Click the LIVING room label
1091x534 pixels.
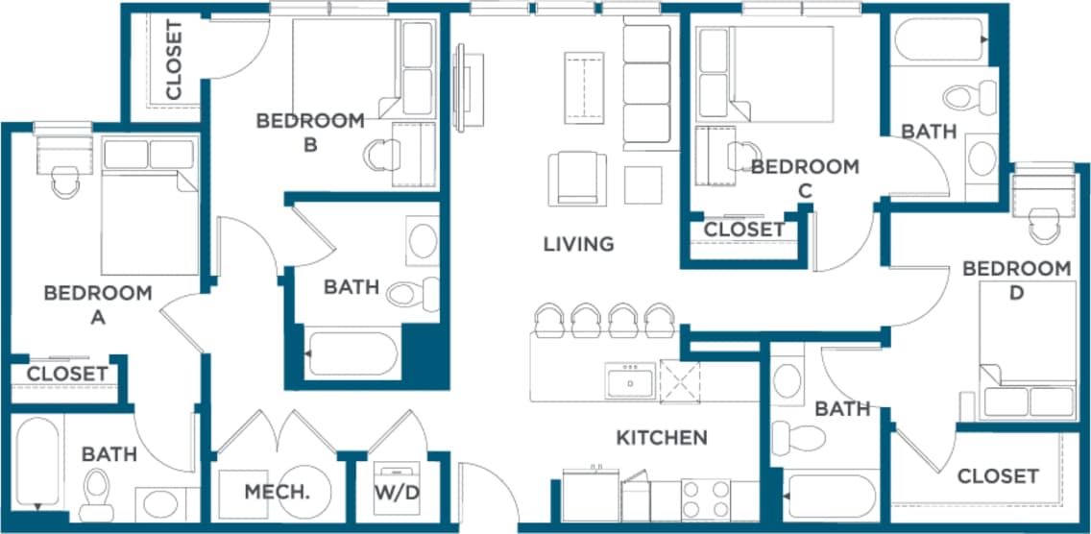[578, 244]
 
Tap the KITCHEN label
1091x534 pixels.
[661, 438]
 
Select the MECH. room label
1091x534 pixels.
[277, 492]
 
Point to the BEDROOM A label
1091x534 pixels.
[98, 304]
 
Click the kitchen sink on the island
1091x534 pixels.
[630, 381]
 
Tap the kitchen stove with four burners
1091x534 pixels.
[706, 498]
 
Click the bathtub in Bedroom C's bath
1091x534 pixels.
[940, 39]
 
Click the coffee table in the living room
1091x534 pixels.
[585, 86]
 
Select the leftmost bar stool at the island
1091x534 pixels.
[549, 321]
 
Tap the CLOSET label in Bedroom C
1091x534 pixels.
[744, 230]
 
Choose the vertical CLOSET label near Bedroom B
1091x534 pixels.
[174, 60]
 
